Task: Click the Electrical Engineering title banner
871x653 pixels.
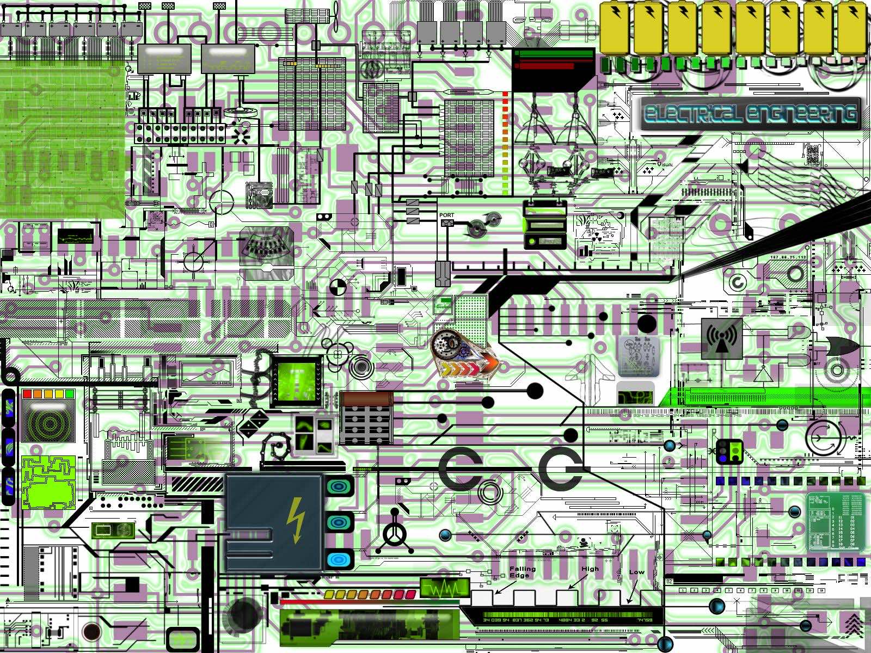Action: [750, 114]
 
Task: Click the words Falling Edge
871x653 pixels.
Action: [522, 572]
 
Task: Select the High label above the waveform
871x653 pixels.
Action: [590, 569]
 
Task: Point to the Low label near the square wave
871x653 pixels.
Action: [636, 572]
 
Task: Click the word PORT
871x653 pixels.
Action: [446, 215]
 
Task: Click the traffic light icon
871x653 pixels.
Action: [730, 452]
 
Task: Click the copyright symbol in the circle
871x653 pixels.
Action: [738, 283]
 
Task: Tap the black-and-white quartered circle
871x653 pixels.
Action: [337, 287]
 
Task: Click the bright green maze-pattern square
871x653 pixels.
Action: [48, 482]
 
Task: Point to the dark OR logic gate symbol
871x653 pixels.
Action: [842, 346]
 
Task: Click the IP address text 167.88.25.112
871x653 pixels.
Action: [788, 257]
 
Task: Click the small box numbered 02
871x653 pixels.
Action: [670, 581]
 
